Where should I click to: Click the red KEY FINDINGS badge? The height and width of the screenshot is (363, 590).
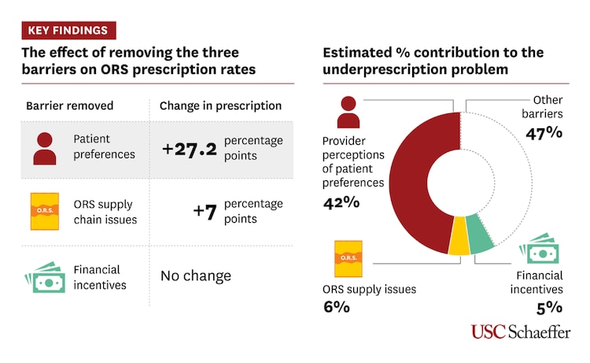(x=68, y=31)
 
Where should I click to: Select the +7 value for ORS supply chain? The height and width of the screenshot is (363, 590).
(x=205, y=211)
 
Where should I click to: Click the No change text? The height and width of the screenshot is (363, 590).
(x=196, y=276)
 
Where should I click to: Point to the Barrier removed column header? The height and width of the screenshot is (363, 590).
(x=69, y=106)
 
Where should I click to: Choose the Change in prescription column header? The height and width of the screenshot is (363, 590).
(x=220, y=106)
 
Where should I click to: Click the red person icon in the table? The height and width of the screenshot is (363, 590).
(x=45, y=147)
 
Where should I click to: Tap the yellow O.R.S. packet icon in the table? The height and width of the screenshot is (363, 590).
(x=45, y=211)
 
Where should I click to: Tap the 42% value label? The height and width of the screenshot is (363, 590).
(x=341, y=202)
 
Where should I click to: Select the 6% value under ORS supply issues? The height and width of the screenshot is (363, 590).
(x=336, y=306)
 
